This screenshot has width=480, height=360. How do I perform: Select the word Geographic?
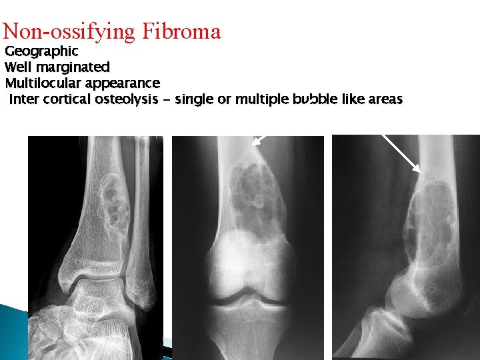tap(41, 51)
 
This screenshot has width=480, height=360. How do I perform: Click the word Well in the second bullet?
tap(18, 67)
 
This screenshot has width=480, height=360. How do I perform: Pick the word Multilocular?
tap(45, 83)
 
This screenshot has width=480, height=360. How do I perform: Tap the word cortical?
tap(65, 100)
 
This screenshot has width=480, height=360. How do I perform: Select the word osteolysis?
tap(125, 100)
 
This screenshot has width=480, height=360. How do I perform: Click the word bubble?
tap(312, 100)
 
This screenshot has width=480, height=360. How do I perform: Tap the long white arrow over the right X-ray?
tap(401, 153)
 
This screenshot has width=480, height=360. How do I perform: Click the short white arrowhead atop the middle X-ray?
tap(259, 140)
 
